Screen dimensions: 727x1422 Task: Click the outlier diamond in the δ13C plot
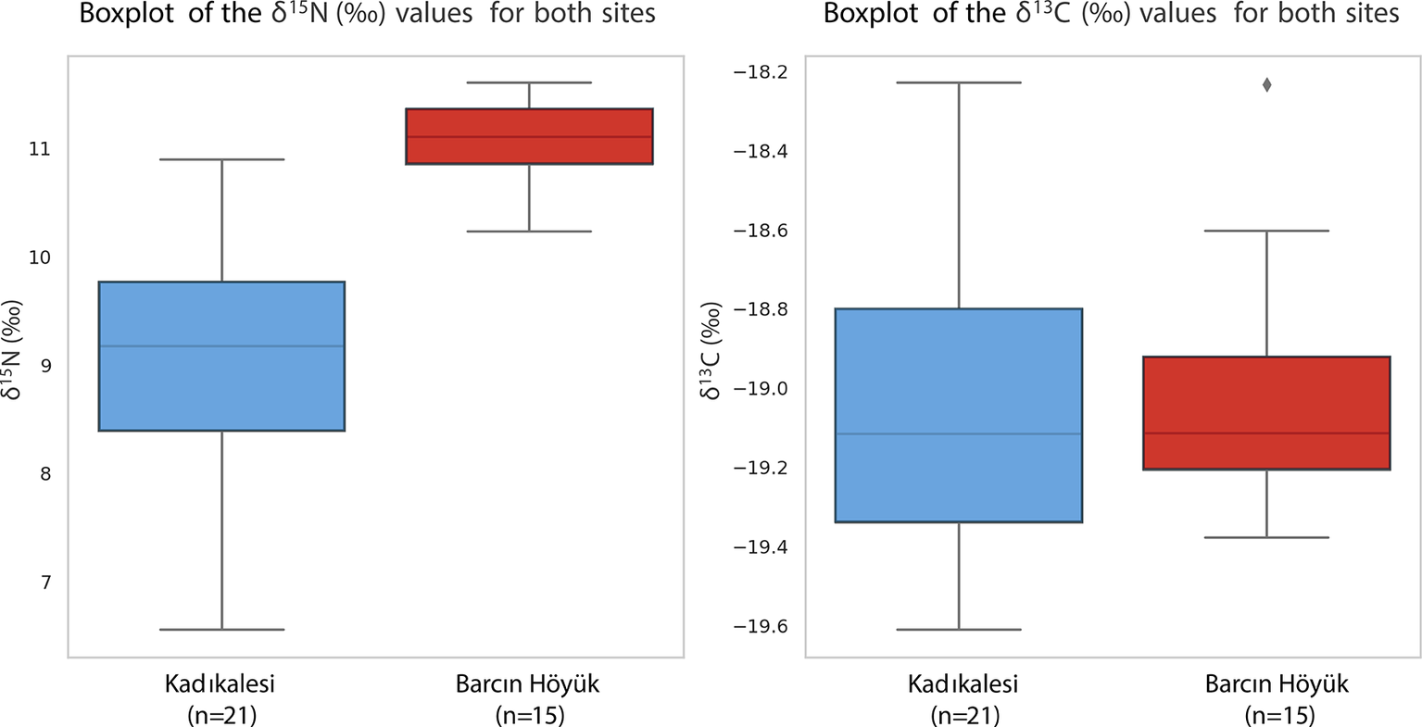pyautogui.click(x=1266, y=85)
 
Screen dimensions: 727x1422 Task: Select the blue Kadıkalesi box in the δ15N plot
pyautogui.click(x=221, y=389)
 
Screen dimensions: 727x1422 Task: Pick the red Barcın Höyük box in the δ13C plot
pyautogui.click(x=1266, y=398)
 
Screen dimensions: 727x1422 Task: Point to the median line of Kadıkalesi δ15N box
pyautogui.click(x=221, y=346)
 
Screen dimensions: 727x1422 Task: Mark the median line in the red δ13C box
pyautogui.click(x=1266, y=433)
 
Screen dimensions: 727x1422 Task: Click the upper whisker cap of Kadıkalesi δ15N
pyautogui.click(x=221, y=159)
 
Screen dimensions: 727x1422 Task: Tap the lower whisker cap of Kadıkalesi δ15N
pyautogui.click(x=221, y=630)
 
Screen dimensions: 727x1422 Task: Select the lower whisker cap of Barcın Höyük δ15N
pyautogui.click(x=529, y=232)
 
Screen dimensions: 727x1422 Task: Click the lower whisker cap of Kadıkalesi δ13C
pyautogui.click(x=959, y=630)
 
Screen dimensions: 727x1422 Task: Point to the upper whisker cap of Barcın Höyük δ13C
pyautogui.click(x=1266, y=231)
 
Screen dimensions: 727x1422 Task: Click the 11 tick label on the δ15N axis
pyautogui.click(x=40, y=149)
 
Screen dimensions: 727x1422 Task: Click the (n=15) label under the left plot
pyautogui.click(x=529, y=716)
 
